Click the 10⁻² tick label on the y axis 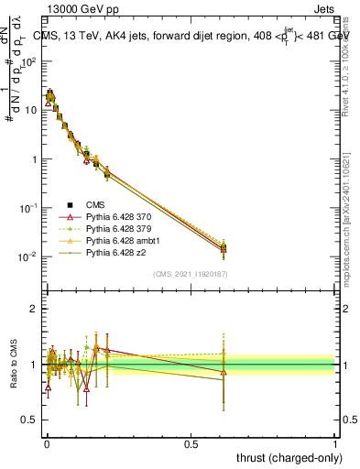pyautogui.click(x=27, y=257)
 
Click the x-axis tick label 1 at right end pyautogui.click(x=335, y=444)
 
